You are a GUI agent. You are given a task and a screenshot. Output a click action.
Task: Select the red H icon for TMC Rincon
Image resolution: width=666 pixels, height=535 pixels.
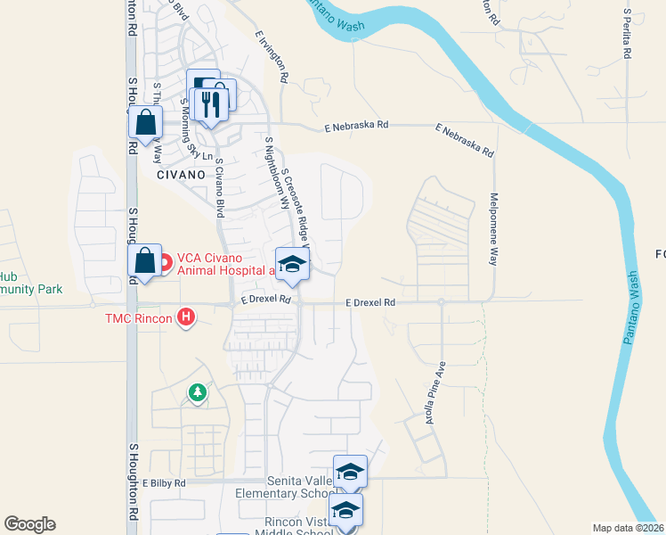click(x=186, y=317)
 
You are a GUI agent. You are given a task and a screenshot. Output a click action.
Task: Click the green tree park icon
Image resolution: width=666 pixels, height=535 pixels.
click(x=197, y=392)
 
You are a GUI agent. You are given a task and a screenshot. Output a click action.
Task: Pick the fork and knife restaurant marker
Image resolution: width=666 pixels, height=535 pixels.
click(x=210, y=104)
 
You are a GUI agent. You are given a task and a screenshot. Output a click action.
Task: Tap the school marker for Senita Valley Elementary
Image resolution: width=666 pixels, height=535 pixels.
click(x=350, y=472)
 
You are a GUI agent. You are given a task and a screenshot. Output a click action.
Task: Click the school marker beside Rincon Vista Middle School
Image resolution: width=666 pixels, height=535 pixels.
click(x=345, y=511)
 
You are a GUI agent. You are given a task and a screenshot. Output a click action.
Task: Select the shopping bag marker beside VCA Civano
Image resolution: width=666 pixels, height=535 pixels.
click(x=144, y=260)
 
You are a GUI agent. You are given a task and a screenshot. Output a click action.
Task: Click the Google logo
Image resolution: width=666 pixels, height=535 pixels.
click(x=29, y=524)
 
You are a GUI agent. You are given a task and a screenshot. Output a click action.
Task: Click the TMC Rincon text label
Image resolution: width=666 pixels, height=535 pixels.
click(x=139, y=317)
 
